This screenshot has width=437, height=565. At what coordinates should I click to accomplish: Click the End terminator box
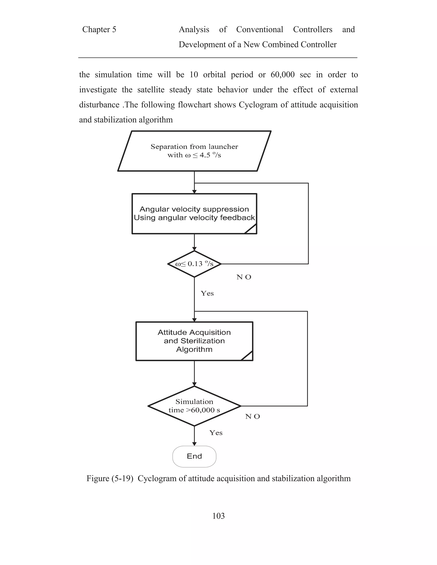[x=194, y=456]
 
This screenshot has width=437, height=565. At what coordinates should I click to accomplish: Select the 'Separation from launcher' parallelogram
[x=194, y=151]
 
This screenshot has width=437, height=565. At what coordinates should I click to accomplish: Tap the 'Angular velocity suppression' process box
[x=194, y=213]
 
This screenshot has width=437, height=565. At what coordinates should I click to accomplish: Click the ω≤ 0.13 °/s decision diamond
[x=194, y=264]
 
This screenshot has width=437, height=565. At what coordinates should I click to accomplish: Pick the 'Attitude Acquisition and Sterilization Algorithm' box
[x=194, y=341]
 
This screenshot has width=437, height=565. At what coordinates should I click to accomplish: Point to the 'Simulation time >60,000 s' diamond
[x=194, y=406]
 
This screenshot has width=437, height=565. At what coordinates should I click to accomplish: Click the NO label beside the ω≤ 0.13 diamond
[x=244, y=277]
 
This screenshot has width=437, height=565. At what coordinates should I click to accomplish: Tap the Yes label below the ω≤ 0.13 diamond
[x=207, y=293]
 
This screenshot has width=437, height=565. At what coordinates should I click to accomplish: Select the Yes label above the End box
[x=216, y=433]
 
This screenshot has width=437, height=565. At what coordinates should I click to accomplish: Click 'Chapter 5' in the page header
[x=99, y=29]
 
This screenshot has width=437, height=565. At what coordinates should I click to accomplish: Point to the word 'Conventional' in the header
[x=259, y=29]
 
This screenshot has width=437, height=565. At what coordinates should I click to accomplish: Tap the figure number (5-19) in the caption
[x=122, y=478]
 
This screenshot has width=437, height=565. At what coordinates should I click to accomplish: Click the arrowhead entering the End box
[x=194, y=444]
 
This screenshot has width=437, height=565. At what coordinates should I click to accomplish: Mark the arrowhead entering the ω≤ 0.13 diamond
[x=194, y=249]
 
